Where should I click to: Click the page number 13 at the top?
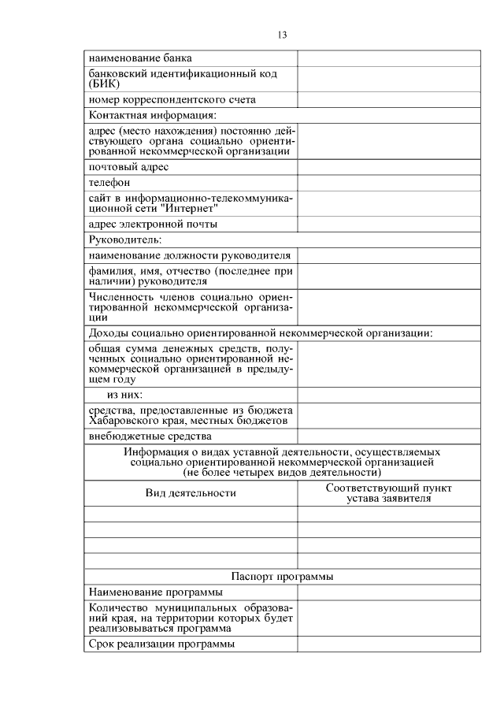tap(283, 35)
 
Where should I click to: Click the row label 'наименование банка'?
tap(140, 58)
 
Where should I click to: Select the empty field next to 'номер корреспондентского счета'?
tap(388, 100)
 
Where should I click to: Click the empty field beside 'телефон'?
tap(388, 183)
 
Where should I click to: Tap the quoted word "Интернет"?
tap(182, 209)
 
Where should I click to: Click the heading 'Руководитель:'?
tap(124, 240)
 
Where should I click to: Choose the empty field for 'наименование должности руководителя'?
tap(388, 255)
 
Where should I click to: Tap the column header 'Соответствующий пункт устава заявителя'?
tap(388, 493)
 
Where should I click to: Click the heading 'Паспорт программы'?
tap(282, 576)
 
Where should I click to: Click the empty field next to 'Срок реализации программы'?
tap(388, 644)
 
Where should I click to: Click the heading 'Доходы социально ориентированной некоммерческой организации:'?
tap(261, 332)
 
